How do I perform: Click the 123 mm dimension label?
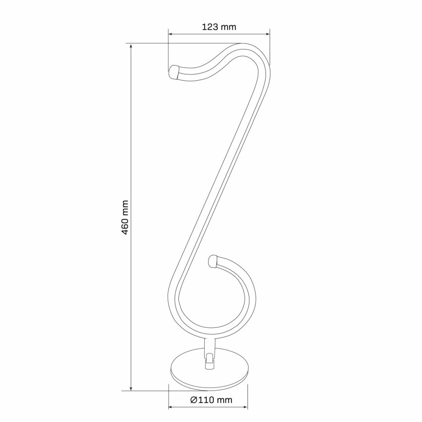(219, 27)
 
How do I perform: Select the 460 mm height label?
(125, 217)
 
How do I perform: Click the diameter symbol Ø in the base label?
(193, 400)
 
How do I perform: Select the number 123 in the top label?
(210, 27)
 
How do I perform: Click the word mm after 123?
(228, 27)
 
